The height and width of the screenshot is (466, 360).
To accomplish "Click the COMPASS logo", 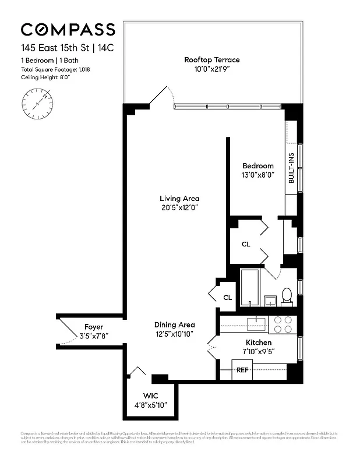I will coord(68,30).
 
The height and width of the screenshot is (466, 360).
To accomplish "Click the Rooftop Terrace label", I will coord(211,59).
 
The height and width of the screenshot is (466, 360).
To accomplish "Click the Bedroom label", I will coord(257,166).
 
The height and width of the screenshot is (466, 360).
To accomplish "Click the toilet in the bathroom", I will coord(286,296).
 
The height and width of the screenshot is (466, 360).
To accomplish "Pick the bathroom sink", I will coord(270,301).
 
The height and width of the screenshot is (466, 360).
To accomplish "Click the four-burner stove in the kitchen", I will coord(283,324).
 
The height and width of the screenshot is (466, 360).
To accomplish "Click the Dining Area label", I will coord(174,324).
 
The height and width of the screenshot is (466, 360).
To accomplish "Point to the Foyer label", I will coord(93,327).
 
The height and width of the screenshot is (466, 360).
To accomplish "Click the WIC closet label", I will coord(150,396).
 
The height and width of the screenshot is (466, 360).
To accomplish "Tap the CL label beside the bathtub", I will coord(227,298).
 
